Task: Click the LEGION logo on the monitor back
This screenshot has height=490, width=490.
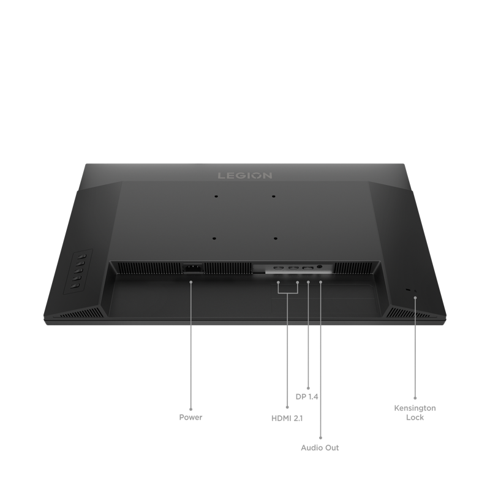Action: (x=244, y=176)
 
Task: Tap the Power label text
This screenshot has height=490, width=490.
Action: (x=190, y=417)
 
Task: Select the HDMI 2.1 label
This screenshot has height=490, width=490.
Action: (x=287, y=418)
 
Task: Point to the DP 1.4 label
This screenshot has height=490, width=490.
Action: (x=307, y=396)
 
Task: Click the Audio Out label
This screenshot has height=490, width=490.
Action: (x=320, y=448)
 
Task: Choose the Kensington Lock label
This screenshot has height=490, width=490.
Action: (x=415, y=412)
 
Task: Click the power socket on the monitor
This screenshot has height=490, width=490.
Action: (x=192, y=268)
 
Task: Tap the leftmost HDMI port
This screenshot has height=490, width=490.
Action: (x=279, y=268)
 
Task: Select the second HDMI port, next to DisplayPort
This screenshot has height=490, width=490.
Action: (x=293, y=268)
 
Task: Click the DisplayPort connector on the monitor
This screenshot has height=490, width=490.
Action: (x=308, y=268)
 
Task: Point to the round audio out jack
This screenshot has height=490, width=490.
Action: (x=320, y=267)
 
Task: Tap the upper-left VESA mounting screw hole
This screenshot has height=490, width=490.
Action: (x=216, y=197)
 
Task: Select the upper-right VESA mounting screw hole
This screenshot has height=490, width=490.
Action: (x=273, y=197)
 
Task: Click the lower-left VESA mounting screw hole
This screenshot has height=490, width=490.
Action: (x=214, y=238)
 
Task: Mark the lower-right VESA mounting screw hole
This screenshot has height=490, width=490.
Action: (x=275, y=238)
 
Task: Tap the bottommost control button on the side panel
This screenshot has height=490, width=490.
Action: (x=73, y=285)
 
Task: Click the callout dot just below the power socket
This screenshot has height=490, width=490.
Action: (x=191, y=282)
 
